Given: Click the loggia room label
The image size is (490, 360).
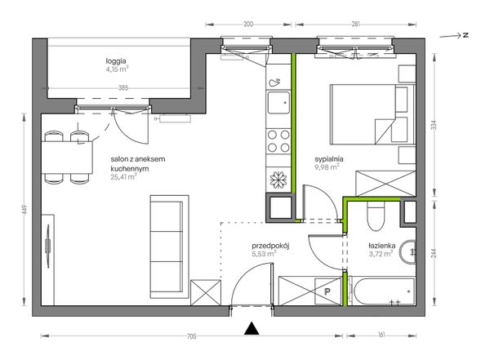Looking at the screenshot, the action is click(116, 61).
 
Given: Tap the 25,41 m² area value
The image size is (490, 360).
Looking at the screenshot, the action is click(124, 177).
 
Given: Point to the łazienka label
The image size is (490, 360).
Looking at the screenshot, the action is click(382, 246).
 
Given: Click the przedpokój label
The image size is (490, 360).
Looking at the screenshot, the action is click(270, 246).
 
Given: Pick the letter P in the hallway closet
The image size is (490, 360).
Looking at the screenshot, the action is click(327, 292).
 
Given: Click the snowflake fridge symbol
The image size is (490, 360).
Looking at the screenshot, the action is click(278, 180).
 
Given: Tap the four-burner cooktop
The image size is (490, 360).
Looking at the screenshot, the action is click(278, 141).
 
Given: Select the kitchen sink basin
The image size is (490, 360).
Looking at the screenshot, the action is click(278, 103).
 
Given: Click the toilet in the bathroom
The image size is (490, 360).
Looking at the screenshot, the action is click(376, 218).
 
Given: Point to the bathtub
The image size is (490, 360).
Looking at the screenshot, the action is click(383, 291).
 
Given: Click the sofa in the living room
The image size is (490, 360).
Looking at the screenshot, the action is click(169, 247).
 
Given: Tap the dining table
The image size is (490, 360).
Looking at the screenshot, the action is click(67, 158).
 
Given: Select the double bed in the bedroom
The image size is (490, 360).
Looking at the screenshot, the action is click(372, 114).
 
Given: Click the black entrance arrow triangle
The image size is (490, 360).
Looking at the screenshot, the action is click(252, 328).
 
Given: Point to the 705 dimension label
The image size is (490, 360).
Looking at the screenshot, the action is click(191, 336).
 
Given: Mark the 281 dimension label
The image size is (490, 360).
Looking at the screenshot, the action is click(355, 24).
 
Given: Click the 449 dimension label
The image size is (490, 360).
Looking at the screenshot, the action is click(25, 210).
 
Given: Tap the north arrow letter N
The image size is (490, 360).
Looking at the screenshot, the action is click(465, 35).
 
